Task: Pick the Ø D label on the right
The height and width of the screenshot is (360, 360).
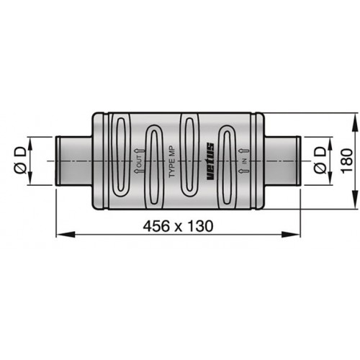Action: pyautogui.click(x=320, y=161)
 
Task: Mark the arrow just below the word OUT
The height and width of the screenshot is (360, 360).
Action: pyautogui.click(x=138, y=172)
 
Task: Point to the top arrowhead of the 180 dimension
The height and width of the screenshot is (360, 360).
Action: pyautogui.click(x=354, y=117)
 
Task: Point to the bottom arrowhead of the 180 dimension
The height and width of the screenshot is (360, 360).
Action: pyautogui.click(x=354, y=204)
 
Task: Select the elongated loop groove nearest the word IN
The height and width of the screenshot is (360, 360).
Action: pyautogui.click(x=228, y=162)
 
